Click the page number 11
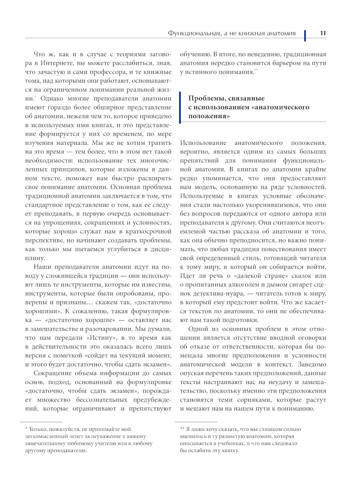click(x=323, y=33)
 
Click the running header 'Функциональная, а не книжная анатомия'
click(x=231, y=33)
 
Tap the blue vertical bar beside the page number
click(x=305, y=35)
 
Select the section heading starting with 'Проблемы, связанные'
click(x=248, y=107)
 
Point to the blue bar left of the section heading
click(x=181, y=107)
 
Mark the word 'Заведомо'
click(x=312, y=365)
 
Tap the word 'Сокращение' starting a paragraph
click(x=51, y=373)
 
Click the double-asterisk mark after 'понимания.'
click(x=256, y=70)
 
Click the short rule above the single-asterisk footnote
click(x=41, y=422)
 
